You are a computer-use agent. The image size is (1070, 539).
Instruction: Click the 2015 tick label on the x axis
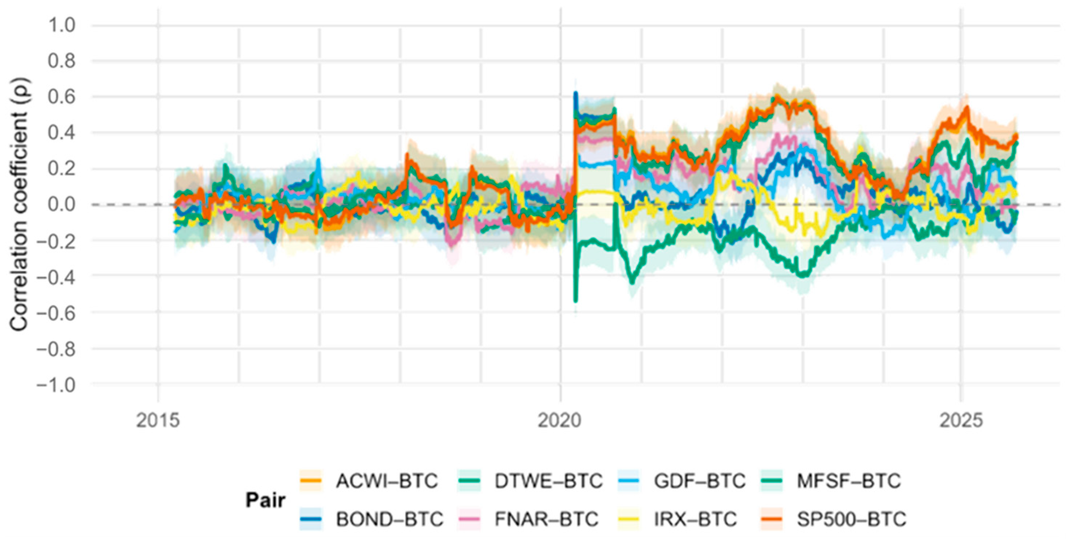point(158,421)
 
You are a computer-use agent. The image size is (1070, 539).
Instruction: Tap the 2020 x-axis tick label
point(559,421)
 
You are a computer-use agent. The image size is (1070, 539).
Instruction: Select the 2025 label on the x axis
point(961,421)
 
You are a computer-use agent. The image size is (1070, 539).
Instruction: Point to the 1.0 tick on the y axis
point(62,26)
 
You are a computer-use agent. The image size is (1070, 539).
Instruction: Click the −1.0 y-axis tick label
point(56,385)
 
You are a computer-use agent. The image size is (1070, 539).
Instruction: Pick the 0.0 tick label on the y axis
point(62,205)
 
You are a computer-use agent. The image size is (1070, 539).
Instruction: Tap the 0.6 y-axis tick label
point(62,97)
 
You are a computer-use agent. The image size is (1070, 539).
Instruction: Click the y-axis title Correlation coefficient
point(19,204)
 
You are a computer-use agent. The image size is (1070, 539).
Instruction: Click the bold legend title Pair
point(265,500)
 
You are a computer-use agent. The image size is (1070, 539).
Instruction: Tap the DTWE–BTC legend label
point(548,481)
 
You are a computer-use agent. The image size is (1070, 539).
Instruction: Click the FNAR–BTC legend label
point(546,519)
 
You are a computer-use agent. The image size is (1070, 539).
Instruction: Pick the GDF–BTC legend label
point(700,481)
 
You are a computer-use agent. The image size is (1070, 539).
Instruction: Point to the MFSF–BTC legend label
point(849,481)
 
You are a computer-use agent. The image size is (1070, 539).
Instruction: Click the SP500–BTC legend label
point(851,519)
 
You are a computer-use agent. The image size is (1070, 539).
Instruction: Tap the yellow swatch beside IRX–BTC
point(629,519)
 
